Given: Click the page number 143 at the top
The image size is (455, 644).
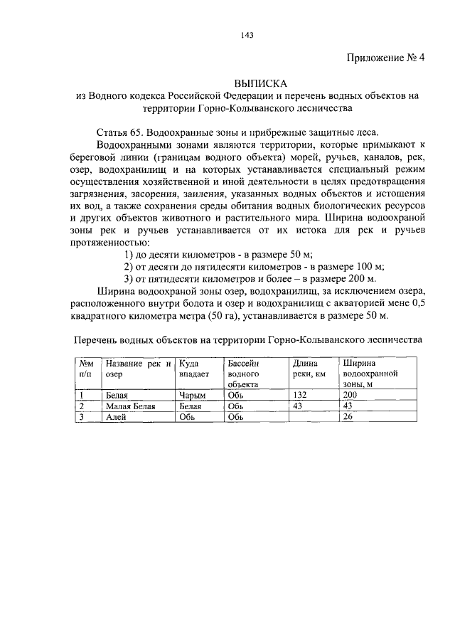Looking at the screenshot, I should coord(227,33).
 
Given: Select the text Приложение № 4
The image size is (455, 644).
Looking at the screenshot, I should coord(385,58).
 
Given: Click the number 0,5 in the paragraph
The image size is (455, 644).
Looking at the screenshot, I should coord(417,302).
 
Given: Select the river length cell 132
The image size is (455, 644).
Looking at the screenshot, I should coord(301,395).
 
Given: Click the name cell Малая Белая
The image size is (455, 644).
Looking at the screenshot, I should coord(130,406).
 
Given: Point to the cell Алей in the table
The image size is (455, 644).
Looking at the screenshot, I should coord(116,418).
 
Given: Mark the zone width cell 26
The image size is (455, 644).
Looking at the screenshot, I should coord(348,418).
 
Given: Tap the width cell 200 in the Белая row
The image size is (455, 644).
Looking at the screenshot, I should coord(350,395).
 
